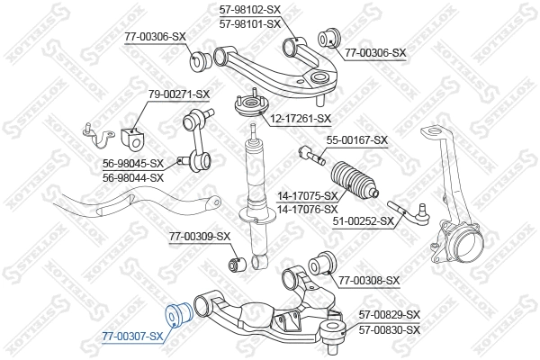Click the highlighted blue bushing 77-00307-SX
point(177,315)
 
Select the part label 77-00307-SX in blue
point(132,337)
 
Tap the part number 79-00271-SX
point(179,94)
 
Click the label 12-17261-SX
point(301,119)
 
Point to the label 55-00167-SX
point(357,140)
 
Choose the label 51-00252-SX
point(364,220)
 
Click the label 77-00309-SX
point(200,237)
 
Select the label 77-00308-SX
point(369,281)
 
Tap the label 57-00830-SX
point(390,330)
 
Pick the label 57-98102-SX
point(250,10)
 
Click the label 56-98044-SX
point(133,178)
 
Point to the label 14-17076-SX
point(308,209)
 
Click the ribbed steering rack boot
point(354,180)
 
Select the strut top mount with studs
point(251,104)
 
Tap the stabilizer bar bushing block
point(133,138)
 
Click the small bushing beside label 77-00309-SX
point(237,265)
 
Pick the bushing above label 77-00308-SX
point(322,264)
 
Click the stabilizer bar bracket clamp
point(98,135)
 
